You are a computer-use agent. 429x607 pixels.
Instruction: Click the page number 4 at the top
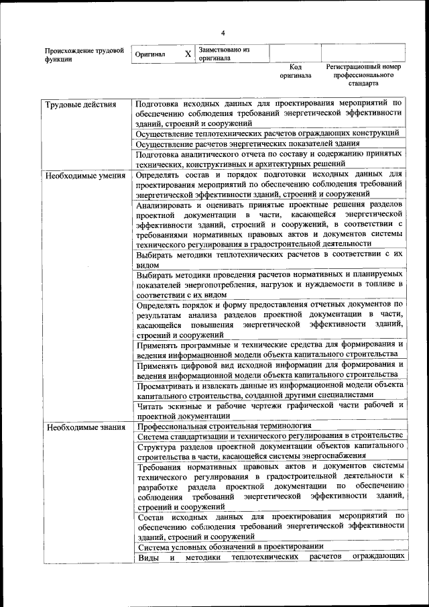(x=223, y=33)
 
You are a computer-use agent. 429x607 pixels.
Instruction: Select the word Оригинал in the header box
(x=150, y=54)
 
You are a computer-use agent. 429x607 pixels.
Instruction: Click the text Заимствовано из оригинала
(x=224, y=54)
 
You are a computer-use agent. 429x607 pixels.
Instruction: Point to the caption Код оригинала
(x=296, y=71)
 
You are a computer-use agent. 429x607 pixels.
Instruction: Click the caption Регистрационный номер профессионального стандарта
(x=363, y=75)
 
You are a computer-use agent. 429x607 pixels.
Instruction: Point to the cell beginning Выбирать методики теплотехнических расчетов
(x=269, y=260)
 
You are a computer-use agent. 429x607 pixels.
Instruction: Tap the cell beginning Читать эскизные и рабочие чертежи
(x=269, y=410)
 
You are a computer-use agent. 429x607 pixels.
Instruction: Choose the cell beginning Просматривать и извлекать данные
(x=269, y=390)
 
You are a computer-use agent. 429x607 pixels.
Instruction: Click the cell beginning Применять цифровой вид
(x=269, y=370)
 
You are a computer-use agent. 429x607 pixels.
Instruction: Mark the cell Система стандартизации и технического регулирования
(x=269, y=436)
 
